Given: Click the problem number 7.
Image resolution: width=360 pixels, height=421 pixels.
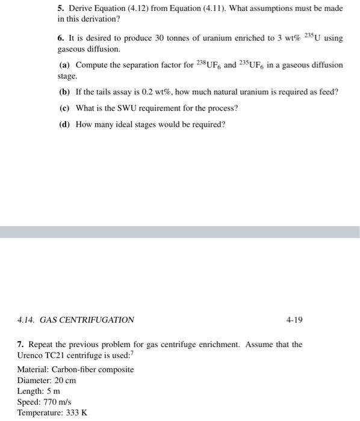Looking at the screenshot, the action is pos(22,345).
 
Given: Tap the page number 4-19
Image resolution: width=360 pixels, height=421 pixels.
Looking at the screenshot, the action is pos(293,320).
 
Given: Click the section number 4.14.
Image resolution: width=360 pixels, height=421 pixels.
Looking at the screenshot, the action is pos(27,320).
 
